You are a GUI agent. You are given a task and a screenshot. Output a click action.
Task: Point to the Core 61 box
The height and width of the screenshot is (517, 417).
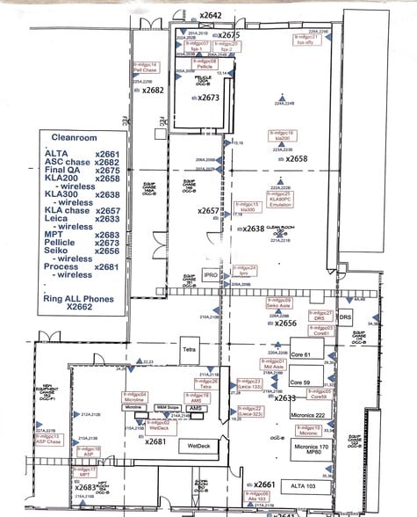[301, 353]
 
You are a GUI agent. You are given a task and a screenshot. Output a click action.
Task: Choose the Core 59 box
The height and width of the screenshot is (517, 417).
[301, 382]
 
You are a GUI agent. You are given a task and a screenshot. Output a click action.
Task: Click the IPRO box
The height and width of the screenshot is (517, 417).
[211, 274]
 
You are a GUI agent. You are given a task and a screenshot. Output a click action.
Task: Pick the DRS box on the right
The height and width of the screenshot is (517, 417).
[346, 316]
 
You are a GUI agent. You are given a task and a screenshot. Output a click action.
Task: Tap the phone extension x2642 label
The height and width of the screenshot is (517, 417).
[211, 15]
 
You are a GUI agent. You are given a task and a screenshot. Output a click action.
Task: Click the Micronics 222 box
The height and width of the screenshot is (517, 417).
[308, 414]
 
